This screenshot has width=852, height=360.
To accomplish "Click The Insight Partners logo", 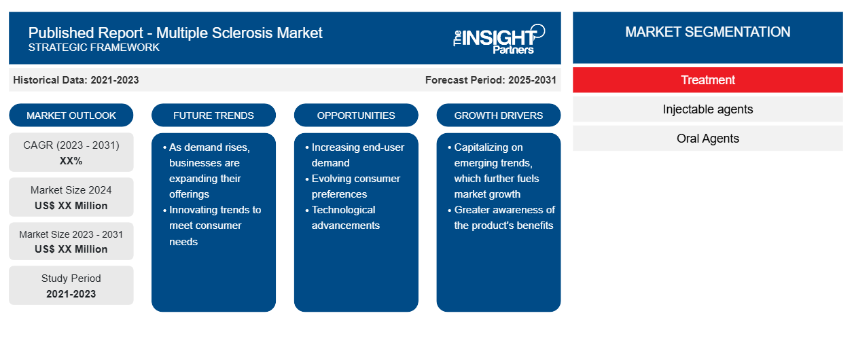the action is pos(499,39).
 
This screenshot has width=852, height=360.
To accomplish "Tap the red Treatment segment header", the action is pos(707,80).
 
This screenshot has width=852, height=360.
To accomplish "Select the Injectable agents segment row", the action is pos(707,109).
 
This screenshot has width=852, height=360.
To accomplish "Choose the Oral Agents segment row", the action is pos(707,139).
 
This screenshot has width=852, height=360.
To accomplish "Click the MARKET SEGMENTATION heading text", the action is pos(707,32).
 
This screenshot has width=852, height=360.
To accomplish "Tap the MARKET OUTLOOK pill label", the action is pos(71,115).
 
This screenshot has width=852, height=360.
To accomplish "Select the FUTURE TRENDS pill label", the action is pos(213,115).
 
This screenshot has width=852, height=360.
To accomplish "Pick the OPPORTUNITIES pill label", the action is pos(356,115).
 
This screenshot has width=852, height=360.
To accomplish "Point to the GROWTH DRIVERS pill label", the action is pos(498,115).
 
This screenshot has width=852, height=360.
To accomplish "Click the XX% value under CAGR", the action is pos(71,161).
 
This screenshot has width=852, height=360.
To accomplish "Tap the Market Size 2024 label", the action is pos(71,190).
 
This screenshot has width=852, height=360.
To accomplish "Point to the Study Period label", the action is pos(71,278).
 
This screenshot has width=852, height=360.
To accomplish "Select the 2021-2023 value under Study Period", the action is pos(71,294).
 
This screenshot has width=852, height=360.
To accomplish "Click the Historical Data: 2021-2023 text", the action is pos(76,80).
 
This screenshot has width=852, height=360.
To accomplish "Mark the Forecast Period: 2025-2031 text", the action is pos(491,80).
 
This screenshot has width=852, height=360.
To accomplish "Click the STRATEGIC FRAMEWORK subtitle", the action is pos(94,48).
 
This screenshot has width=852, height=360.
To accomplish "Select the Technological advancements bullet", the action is pos(342,217).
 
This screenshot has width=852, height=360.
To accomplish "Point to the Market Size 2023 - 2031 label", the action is pos(71,234).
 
